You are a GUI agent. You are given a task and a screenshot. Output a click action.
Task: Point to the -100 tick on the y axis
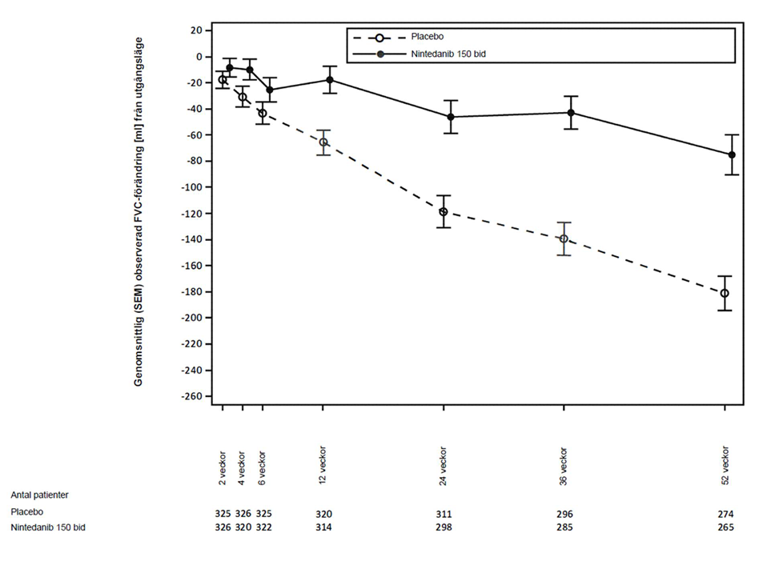(190, 187)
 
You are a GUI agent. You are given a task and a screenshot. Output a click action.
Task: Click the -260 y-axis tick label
(190, 396)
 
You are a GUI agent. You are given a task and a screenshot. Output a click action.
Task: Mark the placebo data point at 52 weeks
(725, 294)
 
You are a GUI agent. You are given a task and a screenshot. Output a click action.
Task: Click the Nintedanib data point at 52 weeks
(731, 154)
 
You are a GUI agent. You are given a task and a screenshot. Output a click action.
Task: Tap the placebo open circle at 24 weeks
(443, 212)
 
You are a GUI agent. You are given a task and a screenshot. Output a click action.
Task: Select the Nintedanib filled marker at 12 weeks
(329, 80)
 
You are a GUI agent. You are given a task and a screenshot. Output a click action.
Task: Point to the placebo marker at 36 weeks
(564, 238)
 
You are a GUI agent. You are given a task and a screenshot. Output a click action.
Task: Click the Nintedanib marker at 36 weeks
(570, 113)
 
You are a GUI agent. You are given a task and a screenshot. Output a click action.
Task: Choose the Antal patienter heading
(39, 495)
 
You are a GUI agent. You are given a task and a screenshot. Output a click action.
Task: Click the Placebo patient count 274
(725, 513)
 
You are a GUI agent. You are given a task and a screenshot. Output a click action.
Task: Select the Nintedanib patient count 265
(725, 528)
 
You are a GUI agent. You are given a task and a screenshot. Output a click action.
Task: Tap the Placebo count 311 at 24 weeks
(443, 513)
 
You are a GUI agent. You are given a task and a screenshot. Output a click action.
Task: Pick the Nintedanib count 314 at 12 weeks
(323, 528)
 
